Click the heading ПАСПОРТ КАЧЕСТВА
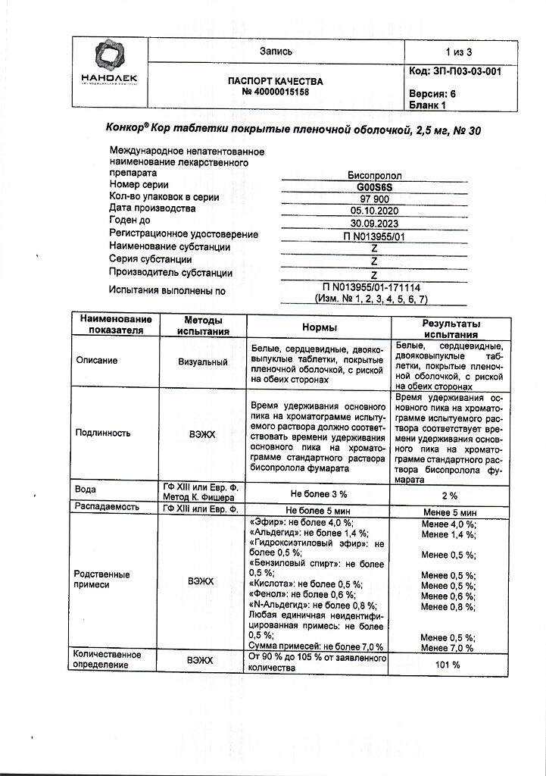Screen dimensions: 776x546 point(275,81)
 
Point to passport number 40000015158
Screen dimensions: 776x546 point(275,92)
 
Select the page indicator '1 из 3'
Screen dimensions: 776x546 point(458,52)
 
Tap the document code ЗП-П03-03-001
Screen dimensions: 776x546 point(454,71)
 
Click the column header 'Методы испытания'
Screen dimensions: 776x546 point(202,327)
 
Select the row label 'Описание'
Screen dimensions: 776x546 point(98,361)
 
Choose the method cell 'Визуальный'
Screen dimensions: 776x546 point(202,361)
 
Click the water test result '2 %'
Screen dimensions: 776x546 point(449,495)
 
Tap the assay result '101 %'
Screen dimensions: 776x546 point(448,665)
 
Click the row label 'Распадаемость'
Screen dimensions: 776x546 point(104,505)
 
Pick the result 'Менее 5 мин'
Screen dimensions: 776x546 point(449,509)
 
